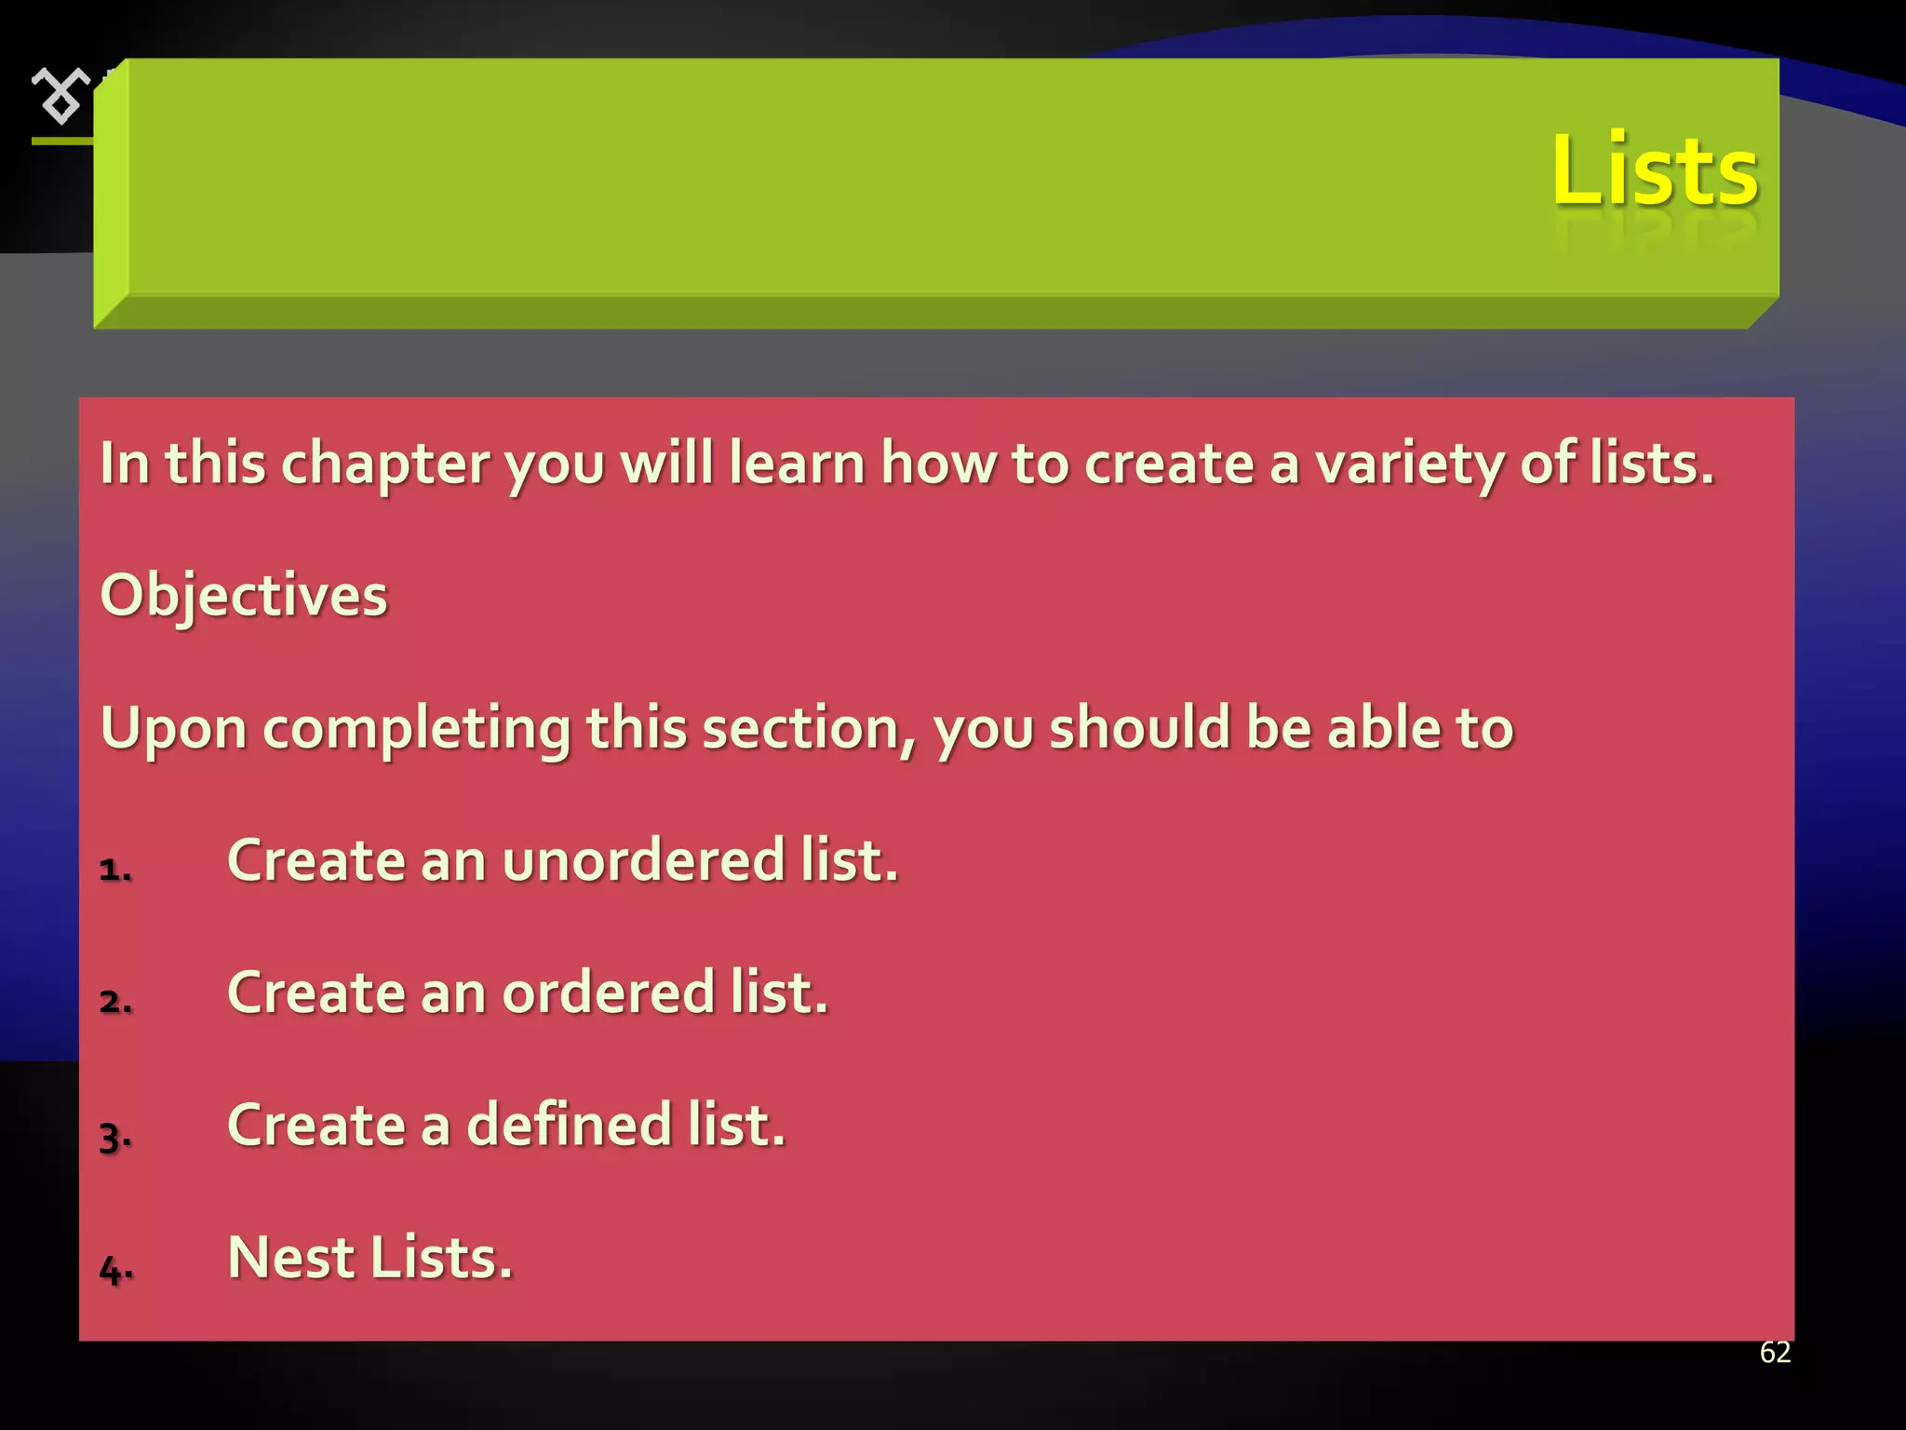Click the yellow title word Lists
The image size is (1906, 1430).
1654,169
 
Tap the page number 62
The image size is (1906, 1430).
1775,1353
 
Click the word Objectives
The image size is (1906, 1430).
244,595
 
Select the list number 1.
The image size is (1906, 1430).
114,870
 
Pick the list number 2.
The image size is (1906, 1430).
115,1002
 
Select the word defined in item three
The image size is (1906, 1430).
569,1125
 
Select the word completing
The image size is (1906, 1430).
417,729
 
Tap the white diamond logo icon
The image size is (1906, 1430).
60,95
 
